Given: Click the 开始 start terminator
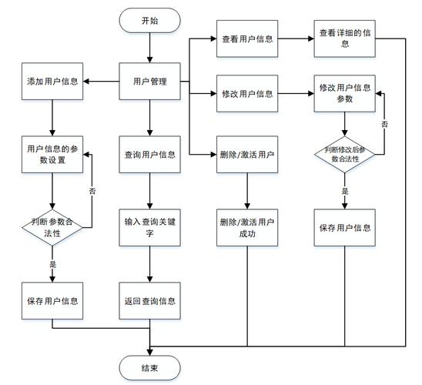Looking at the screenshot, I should pos(149,21).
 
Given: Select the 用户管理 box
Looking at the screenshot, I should pos(149,81).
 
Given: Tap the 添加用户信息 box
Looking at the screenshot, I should pos(52,81).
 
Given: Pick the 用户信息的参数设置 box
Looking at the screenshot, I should pos(52,153).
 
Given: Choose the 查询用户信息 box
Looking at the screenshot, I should pos(149,154).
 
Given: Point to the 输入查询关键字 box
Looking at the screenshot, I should pos(149,227).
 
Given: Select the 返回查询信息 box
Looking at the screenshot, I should pos(149,300).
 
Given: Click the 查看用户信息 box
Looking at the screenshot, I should pos(246,38).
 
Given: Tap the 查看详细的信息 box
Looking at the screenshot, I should pos(344,38).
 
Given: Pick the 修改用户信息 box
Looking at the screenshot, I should pos(246,94).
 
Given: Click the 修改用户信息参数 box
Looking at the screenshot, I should pos(344,94).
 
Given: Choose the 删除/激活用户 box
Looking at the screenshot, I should pos(246,154).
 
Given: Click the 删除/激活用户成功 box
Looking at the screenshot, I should pos(246,227).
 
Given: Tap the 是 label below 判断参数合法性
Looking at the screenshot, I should pos(52,264).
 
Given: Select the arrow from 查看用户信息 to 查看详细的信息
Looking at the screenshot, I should pos(295,38).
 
